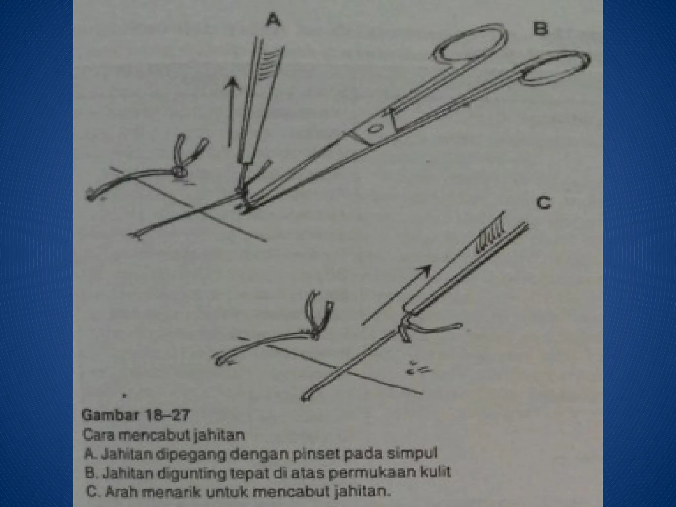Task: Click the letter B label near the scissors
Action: click(540, 29)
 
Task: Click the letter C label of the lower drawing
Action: click(543, 203)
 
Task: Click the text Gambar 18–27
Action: click(136, 415)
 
